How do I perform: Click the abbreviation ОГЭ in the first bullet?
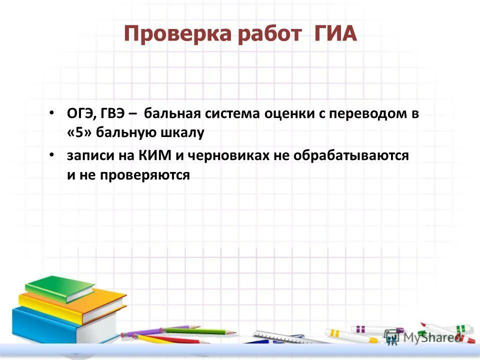click(78, 114)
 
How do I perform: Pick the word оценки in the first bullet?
click(290, 114)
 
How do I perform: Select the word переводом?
click(367, 114)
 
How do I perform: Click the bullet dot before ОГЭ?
click(52, 113)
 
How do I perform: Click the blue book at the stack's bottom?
click(42, 325)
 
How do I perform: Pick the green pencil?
click(200, 331)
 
